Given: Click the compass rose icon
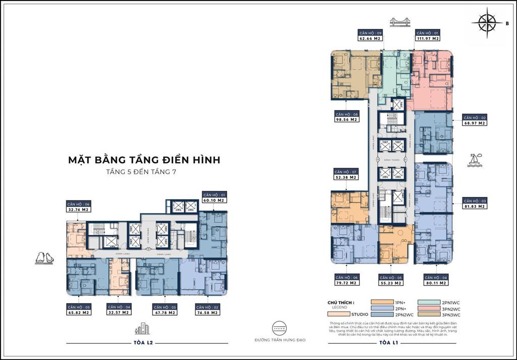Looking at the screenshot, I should point(488,22).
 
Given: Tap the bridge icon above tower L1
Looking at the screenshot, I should point(398,23).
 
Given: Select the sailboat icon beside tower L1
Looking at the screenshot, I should point(475,160).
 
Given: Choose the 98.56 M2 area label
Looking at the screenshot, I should point(346,120).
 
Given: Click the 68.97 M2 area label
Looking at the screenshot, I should point(475,123).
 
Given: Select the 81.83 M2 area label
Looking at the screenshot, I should point(475,206).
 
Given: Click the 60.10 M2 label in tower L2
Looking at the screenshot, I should point(214,200).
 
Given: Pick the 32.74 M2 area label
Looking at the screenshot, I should point(78,209).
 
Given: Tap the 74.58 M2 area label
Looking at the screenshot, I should point(207,313).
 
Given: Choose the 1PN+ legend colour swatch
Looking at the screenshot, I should point(386,302).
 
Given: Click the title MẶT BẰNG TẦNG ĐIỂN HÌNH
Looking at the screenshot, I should point(144,161).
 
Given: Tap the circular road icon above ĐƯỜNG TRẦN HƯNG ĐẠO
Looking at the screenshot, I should point(280,328).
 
